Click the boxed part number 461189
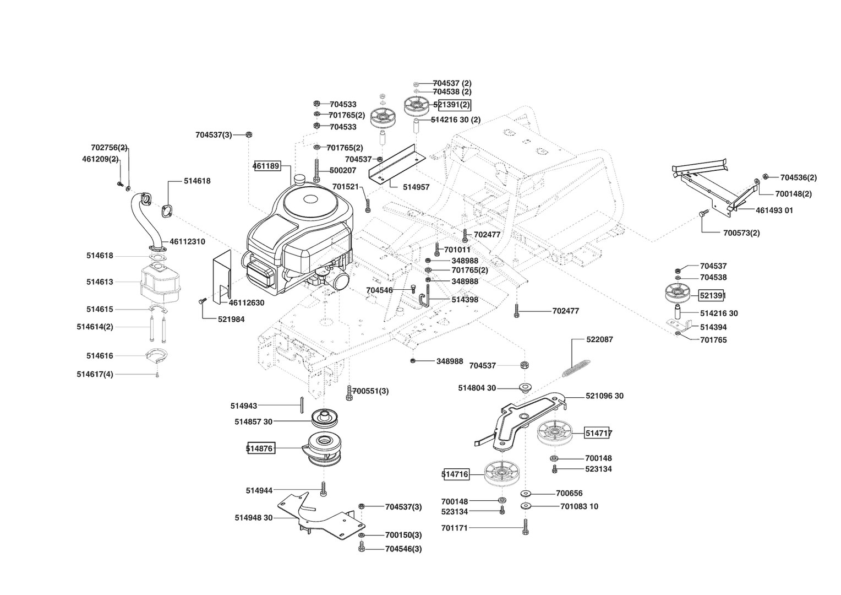tap(266, 166)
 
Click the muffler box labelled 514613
tap(162, 282)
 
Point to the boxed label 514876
tap(260, 448)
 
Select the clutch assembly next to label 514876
tap(325, 449)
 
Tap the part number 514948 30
tap(254, 518)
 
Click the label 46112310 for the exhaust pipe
tap(187, 241)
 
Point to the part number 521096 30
tap(604, 396)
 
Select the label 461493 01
tap(774, 210)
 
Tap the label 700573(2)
tap(741, 233)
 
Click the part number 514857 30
tap(253, 422)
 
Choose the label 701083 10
tap(579, 506)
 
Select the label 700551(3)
tap(370, 391)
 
